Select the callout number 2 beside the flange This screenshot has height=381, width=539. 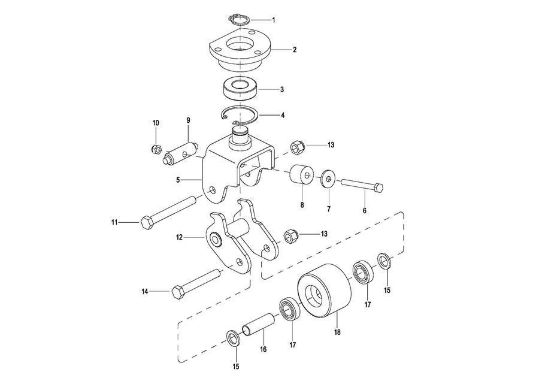tap(295, 50)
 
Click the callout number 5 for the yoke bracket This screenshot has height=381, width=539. tap(178, 180)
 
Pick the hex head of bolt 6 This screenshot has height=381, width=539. tap(378, 188)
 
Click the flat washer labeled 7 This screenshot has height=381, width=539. tap(329, 179)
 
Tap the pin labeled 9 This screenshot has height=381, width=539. tap(180, 153)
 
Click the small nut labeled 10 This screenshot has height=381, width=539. tap(156, 149)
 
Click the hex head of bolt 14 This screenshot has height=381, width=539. tap(178, 292)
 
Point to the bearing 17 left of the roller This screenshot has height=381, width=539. tap(290, 310)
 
